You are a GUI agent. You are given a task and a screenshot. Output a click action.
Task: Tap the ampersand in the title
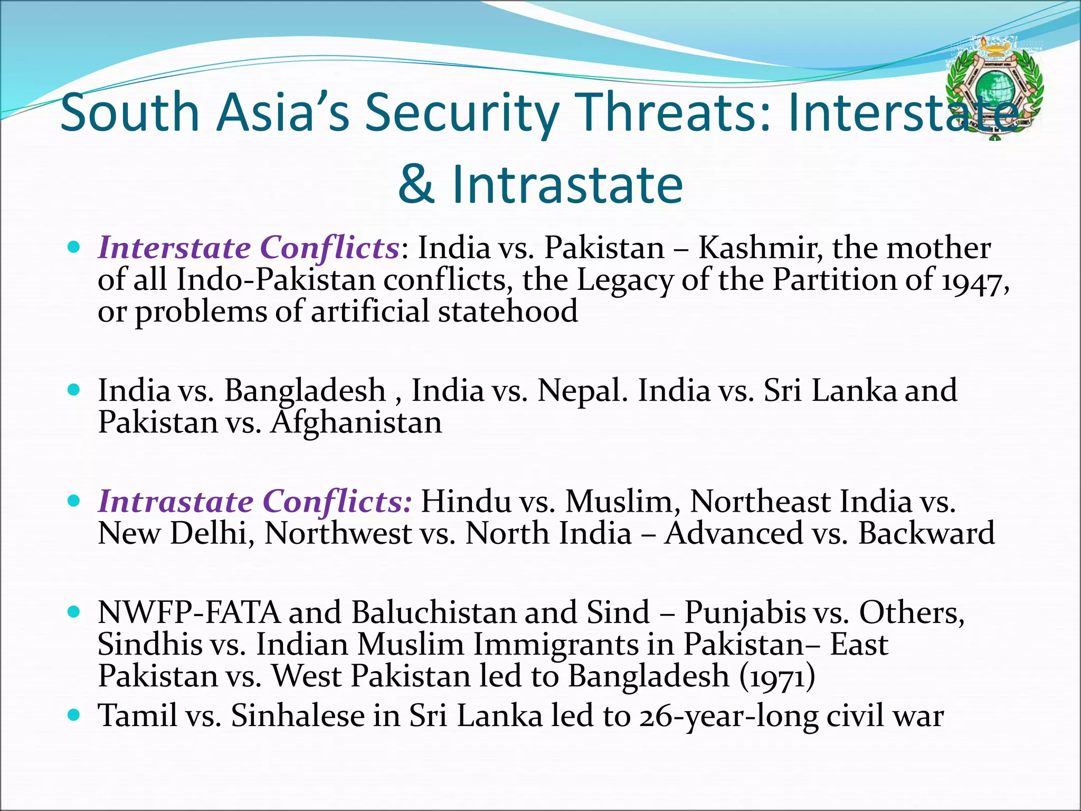pos(416,184)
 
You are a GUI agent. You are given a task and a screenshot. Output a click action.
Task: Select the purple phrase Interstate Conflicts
pos(249,248)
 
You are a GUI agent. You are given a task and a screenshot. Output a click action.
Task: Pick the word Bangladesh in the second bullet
pos(305,391)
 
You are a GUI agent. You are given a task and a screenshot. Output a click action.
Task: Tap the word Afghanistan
pos(356,423)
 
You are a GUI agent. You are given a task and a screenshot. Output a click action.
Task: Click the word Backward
pos(926,533)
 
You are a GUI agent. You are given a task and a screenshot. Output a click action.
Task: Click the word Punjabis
pos(745,612)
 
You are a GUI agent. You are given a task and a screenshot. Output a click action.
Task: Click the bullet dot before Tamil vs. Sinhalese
pos(74,715)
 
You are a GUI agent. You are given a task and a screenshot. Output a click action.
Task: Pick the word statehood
pos(507,311)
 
